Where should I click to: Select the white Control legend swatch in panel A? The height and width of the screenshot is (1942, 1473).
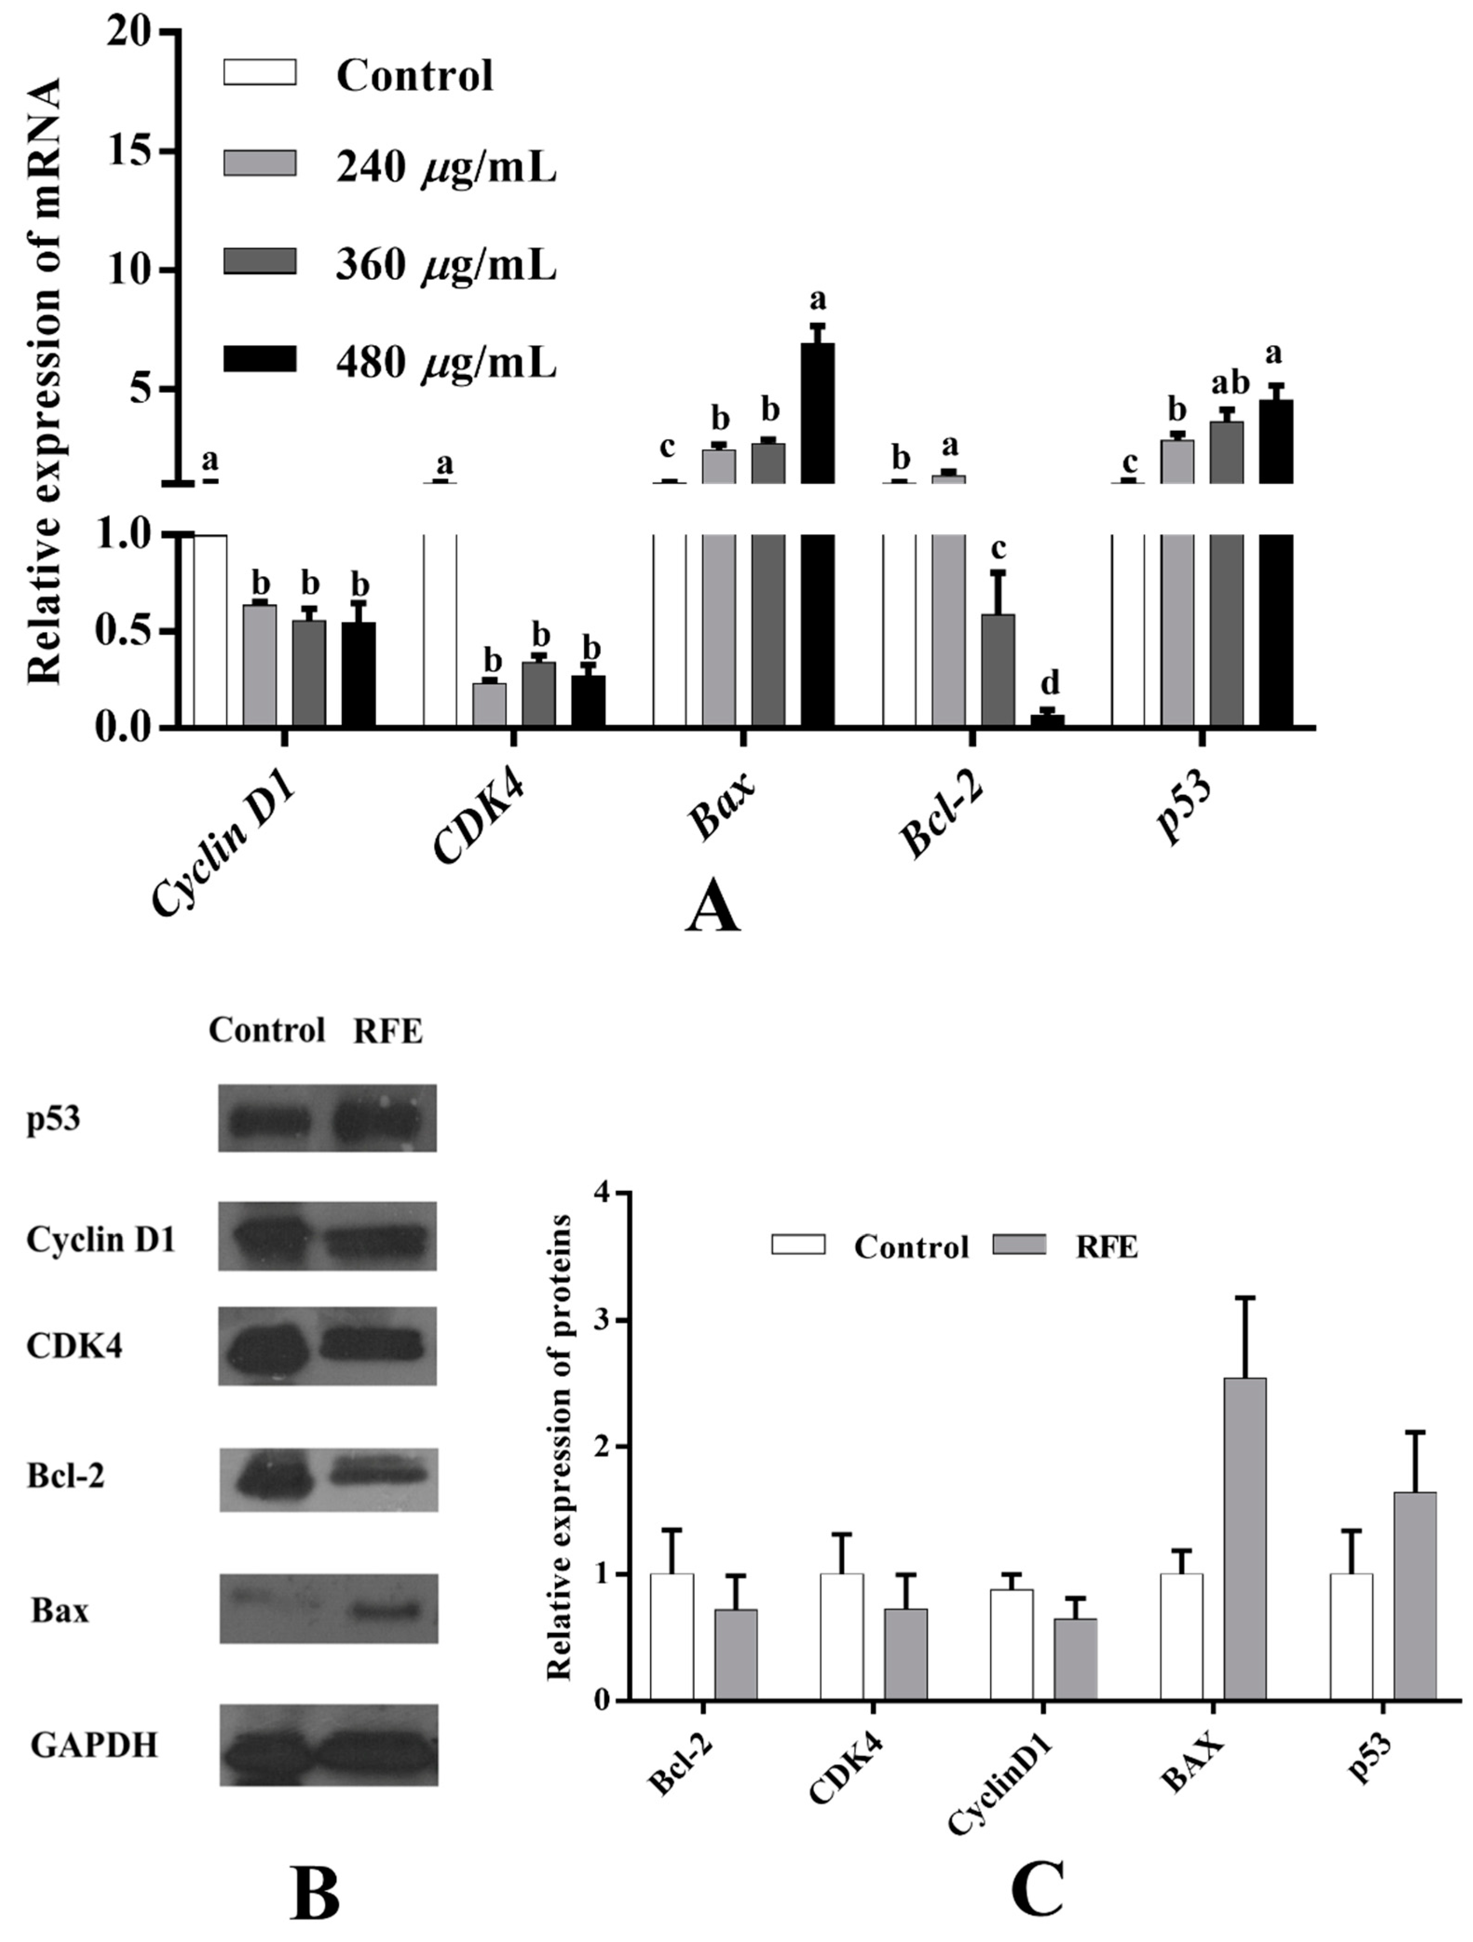[x=260, y=73]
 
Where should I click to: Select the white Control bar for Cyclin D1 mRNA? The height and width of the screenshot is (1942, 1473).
[x=210, y=631]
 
